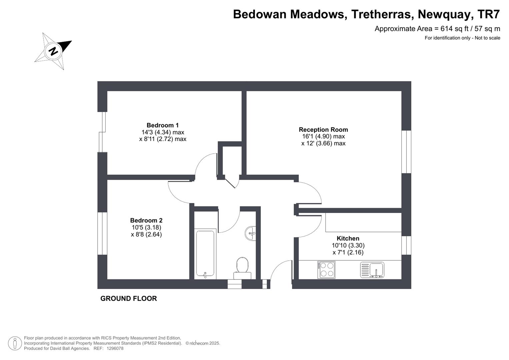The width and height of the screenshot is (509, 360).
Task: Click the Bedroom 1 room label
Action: [x=162, y=125]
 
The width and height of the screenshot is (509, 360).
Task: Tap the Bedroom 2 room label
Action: [x=146, y=220]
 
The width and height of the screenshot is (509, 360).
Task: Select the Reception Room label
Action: [x=323, y=130]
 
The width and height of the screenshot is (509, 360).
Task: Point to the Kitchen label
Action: [x=348, y=238]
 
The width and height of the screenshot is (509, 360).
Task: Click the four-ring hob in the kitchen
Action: [x=326, y=270]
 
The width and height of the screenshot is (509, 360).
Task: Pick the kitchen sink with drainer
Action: [x=372, y=270]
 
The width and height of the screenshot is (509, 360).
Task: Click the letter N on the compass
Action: [x=54, y=51]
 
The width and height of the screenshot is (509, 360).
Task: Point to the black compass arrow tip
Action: [x=72, y=41]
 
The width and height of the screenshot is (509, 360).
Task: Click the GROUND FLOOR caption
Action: [x=129, y=298]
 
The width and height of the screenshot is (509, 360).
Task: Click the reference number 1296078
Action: [x=115, y=348]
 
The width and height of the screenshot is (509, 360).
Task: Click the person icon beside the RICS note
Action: [x=15, y=343]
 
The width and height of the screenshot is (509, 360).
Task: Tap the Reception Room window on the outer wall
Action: [x=406, y=152]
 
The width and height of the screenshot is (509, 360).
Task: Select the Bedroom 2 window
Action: [x=102, y=233]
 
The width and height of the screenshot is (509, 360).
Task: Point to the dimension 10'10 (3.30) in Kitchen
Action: [x=348, y=245]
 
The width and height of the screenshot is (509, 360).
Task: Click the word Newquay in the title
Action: [x=444, y=14]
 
